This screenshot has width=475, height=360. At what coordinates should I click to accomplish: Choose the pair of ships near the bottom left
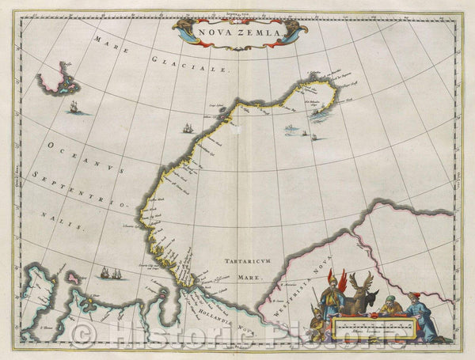[x=111, y=273]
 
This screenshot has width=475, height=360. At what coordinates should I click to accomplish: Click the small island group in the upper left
[x=59, y=80]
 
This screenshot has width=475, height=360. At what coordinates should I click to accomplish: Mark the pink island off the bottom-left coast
[x=74, y=279]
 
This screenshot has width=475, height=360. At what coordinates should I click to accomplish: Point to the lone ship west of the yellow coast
[x=188, y=127]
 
